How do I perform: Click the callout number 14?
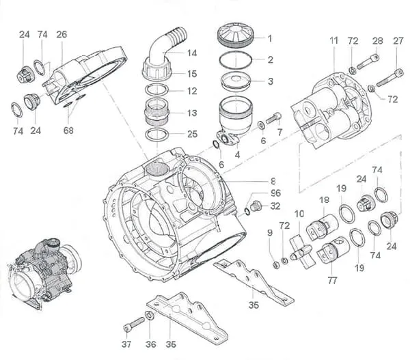click(192, 53)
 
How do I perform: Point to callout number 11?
click(333, 41)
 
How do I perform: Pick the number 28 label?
click(375, 41)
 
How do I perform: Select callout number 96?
click(275, 193)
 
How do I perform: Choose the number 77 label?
click(333, 280)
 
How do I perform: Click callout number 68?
click(68, 130)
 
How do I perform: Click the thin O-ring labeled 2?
click(234, 60)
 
